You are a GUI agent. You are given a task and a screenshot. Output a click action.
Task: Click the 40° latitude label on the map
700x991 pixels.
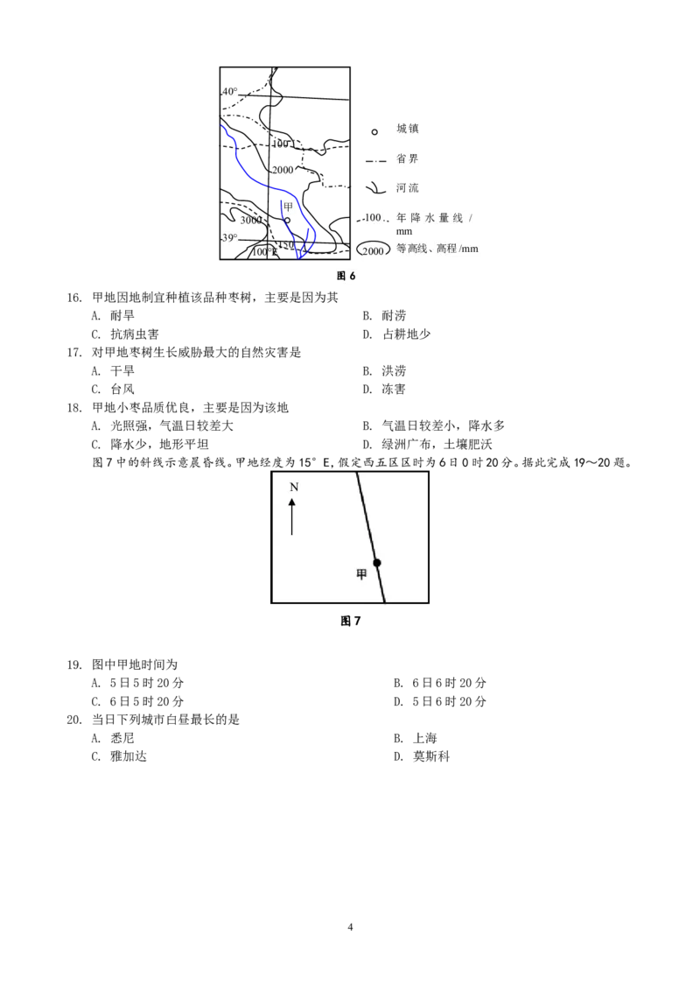tap(229, 92)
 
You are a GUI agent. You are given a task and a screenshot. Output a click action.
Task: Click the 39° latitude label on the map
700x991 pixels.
tap(229, 237)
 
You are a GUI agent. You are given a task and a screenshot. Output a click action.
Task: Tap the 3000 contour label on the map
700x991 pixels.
tap(251, 220)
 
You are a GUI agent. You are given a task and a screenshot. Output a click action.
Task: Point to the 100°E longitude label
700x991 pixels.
tap(265, 252)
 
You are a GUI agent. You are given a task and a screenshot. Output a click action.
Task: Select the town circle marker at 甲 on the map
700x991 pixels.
tap(287, 220)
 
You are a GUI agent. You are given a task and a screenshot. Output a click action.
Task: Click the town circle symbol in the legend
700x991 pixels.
tap(374, 131)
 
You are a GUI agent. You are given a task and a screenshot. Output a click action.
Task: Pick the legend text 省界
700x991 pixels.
tap(408, 158)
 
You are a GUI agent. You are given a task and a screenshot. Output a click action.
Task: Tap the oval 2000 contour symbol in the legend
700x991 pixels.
tap(374, 250)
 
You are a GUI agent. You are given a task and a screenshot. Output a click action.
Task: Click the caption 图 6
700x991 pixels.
tap(346, 276)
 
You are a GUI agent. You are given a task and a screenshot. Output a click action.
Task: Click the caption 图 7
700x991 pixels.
tap(351, 622)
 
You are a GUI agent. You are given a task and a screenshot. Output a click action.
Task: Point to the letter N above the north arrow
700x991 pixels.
tap(294, 488)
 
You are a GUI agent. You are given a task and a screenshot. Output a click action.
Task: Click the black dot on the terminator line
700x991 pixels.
tap(377, 563)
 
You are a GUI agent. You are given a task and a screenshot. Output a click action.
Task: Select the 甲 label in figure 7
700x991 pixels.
tap(361, 574)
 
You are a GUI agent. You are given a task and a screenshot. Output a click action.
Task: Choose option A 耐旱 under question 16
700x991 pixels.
tap(113, 315)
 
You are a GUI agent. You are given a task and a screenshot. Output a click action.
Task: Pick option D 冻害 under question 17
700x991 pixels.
tap(384, 390)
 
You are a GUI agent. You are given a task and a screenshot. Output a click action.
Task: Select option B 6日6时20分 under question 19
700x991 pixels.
tap(440, 683)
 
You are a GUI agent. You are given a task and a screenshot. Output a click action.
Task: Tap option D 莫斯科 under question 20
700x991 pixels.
tap(422, 756)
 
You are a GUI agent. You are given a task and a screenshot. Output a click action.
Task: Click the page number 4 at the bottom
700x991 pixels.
tap(351, 927)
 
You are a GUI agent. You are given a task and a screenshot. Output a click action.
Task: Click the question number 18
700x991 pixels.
tap(74, 408)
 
